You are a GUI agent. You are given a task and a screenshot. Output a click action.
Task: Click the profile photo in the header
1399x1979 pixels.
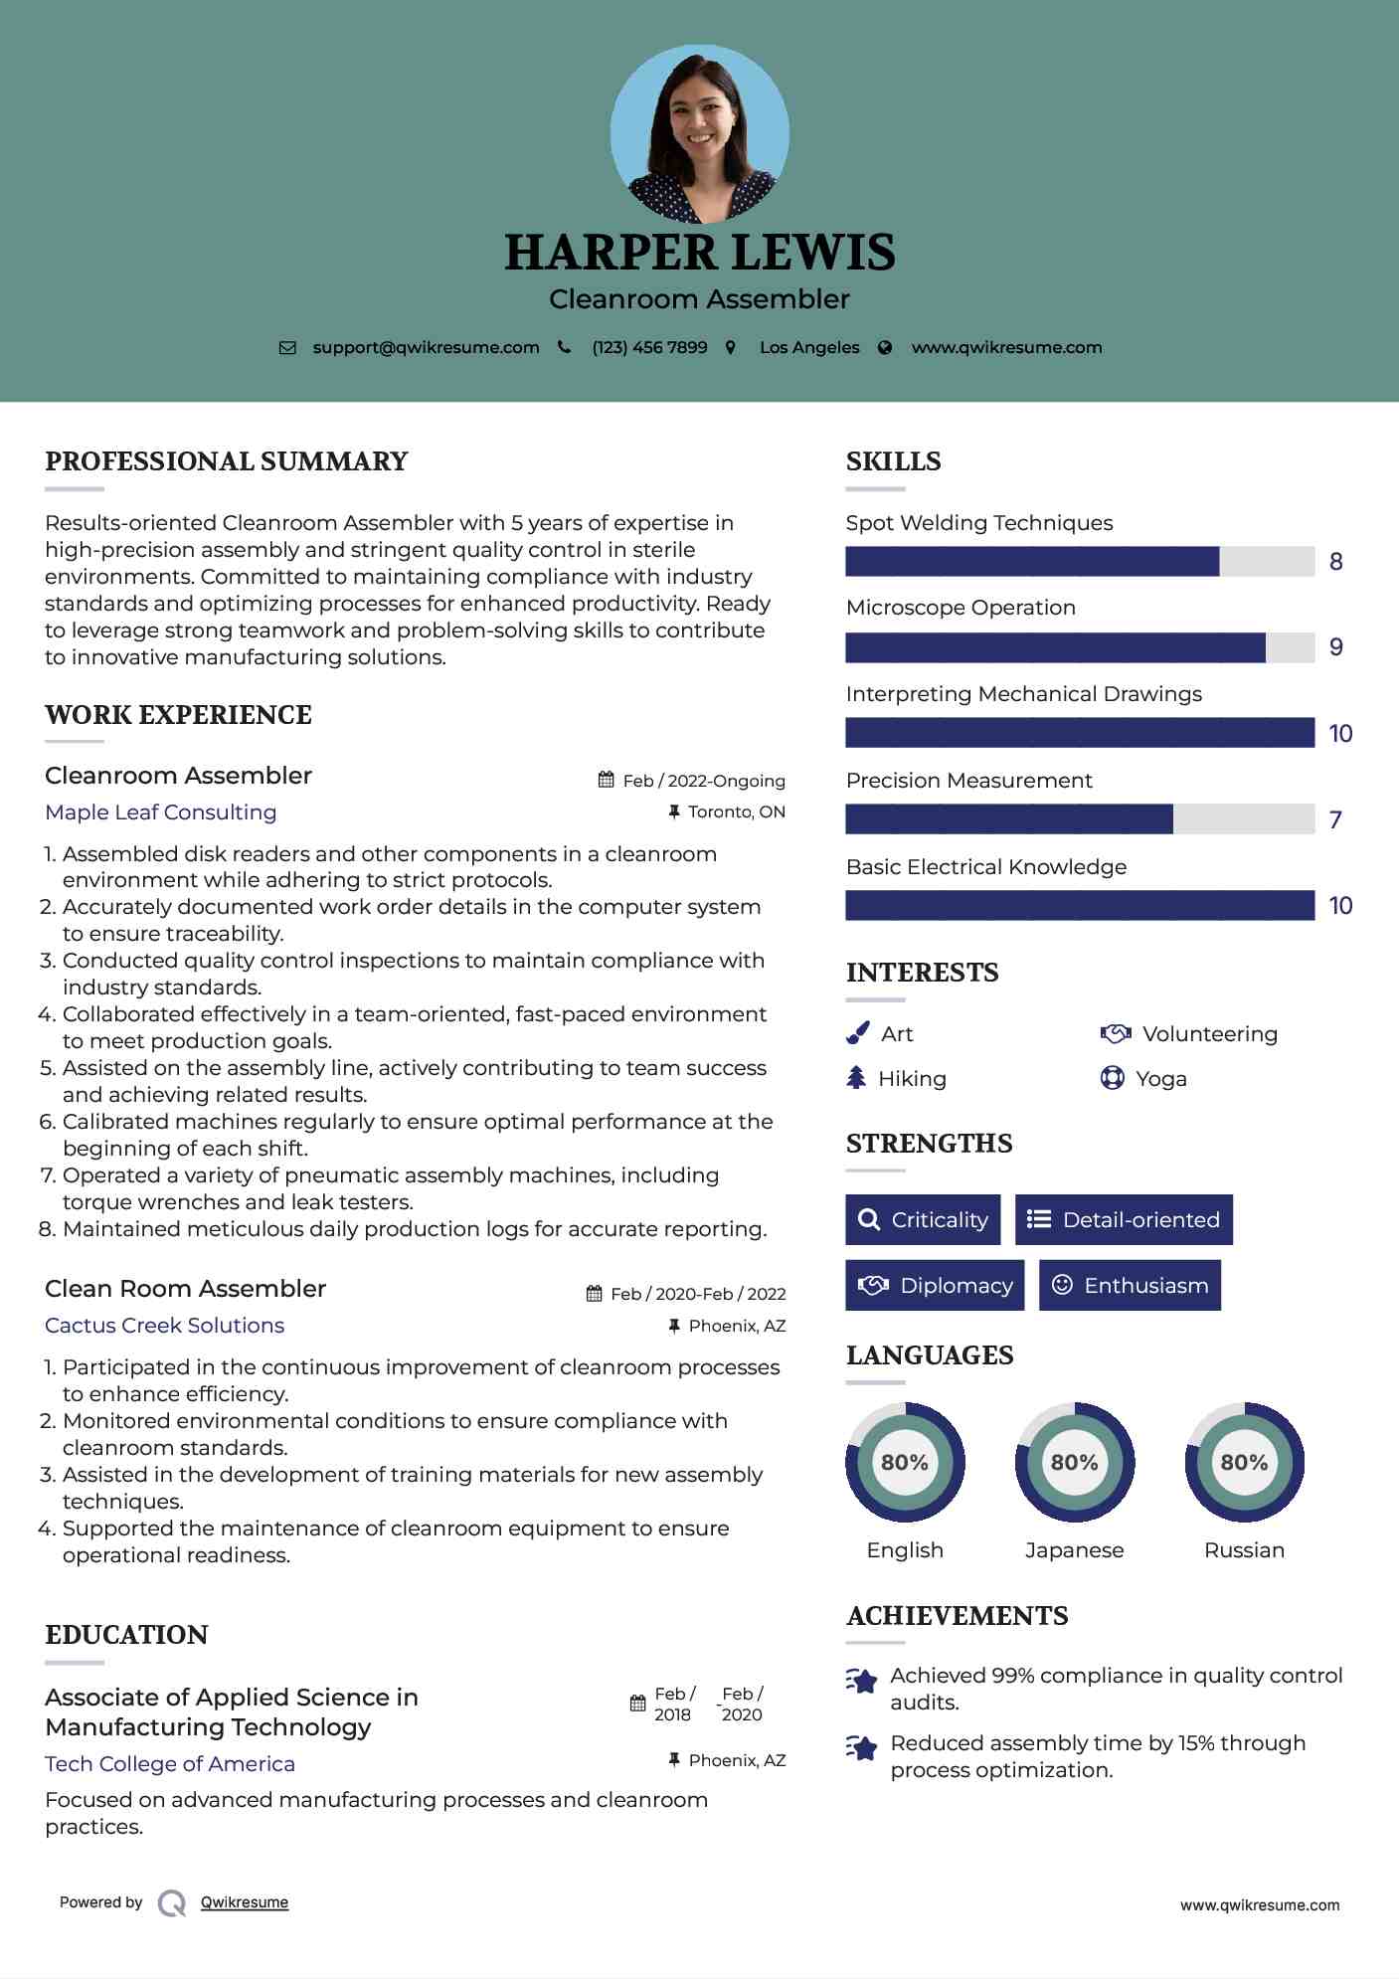point(699,133)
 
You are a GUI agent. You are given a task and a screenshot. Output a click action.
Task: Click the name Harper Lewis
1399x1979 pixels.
point(699,253)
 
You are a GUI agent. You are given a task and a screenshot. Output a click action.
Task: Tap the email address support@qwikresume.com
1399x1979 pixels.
point(426,347)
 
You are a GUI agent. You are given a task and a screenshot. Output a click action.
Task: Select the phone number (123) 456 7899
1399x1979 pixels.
point(649,347)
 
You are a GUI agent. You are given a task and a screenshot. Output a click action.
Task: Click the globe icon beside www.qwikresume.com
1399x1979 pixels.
point(885,348)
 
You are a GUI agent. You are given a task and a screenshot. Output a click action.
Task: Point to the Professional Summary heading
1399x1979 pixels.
point(227,461)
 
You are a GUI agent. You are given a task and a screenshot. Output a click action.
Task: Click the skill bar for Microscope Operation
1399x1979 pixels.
point(1080,647)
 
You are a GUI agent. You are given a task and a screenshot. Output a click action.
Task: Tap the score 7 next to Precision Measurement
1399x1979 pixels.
point(1335,819)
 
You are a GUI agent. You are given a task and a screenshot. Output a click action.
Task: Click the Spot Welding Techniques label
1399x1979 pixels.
point(978,523)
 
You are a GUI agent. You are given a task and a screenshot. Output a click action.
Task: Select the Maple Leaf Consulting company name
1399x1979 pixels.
point(161,812)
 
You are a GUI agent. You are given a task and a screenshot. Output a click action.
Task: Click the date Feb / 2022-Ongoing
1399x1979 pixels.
point(704,781)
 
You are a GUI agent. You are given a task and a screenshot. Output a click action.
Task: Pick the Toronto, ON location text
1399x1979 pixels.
point(736,811)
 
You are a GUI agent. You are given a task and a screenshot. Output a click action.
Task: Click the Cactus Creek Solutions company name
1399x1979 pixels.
point(164,1326)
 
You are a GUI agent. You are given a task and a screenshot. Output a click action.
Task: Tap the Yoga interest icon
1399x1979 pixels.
point(1112,1078)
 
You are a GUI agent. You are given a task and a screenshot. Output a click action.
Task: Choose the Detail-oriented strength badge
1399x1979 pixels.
point(1124,1219)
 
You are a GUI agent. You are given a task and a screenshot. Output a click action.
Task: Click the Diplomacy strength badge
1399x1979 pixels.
point(935,1285)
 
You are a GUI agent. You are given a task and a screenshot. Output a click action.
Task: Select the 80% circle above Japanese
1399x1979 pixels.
point(1074,1462)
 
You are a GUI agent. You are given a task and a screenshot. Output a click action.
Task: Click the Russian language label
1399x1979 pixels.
point(1244,1550)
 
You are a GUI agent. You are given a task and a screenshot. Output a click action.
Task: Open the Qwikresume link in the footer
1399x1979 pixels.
point(245,1902)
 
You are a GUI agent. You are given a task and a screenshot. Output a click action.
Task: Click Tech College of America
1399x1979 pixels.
point(170,1764)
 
